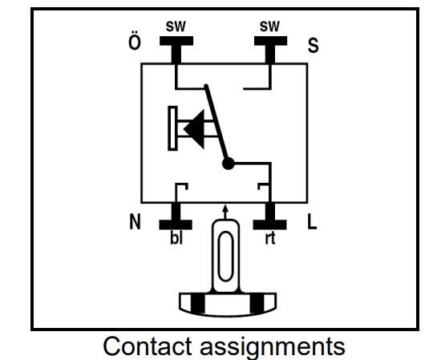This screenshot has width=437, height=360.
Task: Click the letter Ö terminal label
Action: [x=135, y=42]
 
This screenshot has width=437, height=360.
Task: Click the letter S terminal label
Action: [x=313, y=45]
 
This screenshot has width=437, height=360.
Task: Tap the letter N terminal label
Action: [x=136, y=221]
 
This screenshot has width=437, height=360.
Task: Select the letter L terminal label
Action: [x=312, y=221]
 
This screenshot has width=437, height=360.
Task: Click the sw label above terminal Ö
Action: [x=176, y=26]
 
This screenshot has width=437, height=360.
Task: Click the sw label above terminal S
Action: [x=269, y=26]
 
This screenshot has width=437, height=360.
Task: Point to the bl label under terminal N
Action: [x=176, y=238]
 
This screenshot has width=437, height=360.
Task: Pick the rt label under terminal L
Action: [x=270, y=238]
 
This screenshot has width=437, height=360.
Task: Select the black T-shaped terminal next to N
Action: [x=176, y=216]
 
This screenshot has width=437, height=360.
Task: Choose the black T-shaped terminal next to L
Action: [x=269, y=216]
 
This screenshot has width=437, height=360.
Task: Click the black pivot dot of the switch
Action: [x=229, y=164]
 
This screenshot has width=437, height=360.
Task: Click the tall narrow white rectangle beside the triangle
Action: [x=172, y=128]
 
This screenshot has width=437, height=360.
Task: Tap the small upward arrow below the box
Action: [x=226, y=212]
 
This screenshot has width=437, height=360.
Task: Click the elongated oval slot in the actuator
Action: [x=225, y=257]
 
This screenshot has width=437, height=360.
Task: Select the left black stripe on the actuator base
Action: [x=197, y=304]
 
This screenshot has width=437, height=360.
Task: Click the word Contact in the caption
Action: [x=148, y=346]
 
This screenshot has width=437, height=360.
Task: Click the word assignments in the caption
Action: [x=273, y=348]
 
